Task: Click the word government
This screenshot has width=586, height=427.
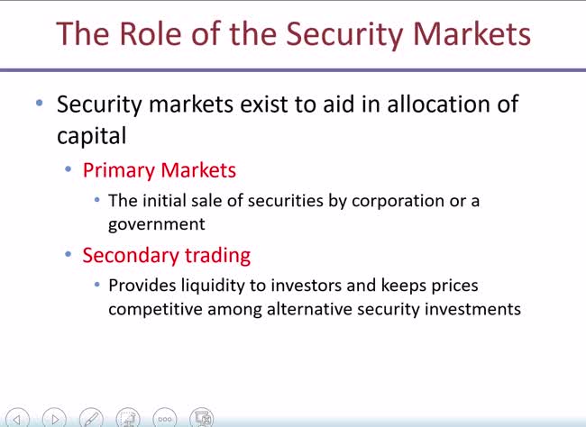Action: coord(157,224)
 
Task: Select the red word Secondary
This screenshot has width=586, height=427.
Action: coord(127,255)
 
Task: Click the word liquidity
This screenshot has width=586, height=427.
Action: coord(211,286)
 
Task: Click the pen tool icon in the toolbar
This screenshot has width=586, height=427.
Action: coord(91,418)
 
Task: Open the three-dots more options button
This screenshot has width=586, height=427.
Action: coord(165,418)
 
